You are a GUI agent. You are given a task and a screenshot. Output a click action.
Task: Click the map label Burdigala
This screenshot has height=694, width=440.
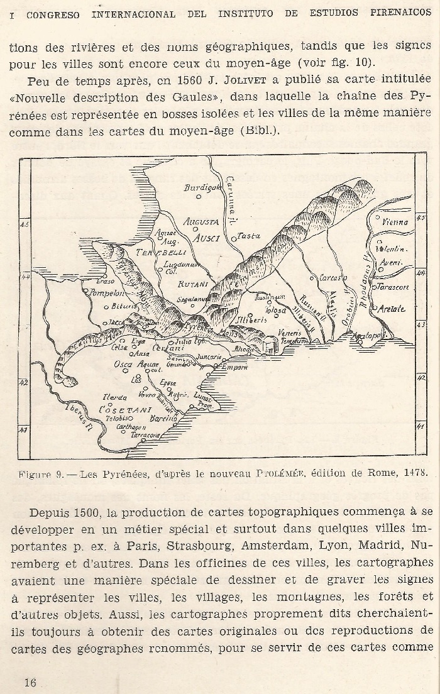(199, 187)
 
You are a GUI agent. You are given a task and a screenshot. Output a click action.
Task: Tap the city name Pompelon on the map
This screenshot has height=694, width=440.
(107, 293)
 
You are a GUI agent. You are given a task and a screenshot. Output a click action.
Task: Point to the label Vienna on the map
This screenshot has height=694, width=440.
(395, 222)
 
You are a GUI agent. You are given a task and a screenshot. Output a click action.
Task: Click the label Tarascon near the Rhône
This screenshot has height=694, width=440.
(393, 287)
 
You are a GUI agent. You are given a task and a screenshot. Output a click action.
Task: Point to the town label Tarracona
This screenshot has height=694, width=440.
(145, 435)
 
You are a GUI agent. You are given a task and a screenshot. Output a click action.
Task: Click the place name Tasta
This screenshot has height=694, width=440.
(249, 236)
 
